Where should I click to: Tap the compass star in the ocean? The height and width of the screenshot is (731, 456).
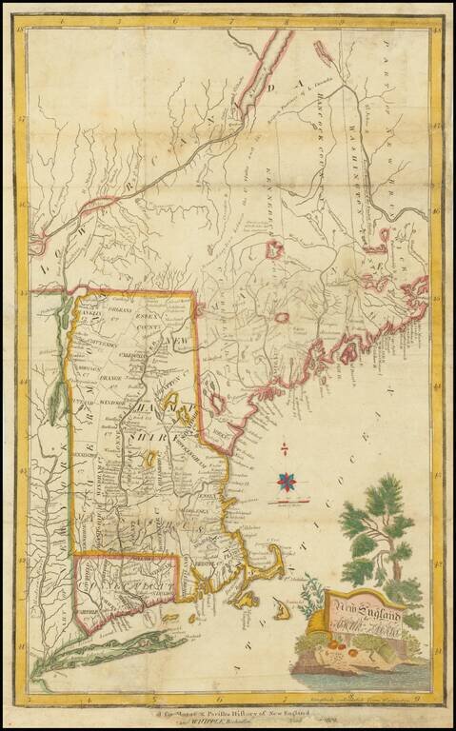285,483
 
